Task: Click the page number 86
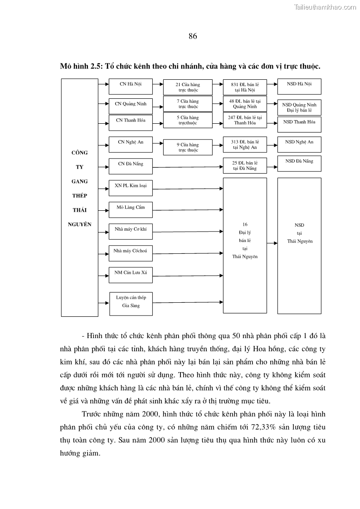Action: (x=193, y=36)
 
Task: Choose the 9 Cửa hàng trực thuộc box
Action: (x=188, y=147)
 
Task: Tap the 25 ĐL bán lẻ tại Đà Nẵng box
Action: (x=245, y=165)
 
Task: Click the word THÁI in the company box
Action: (x=79, y=210)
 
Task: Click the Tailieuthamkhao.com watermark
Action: (x=325, y=7)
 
